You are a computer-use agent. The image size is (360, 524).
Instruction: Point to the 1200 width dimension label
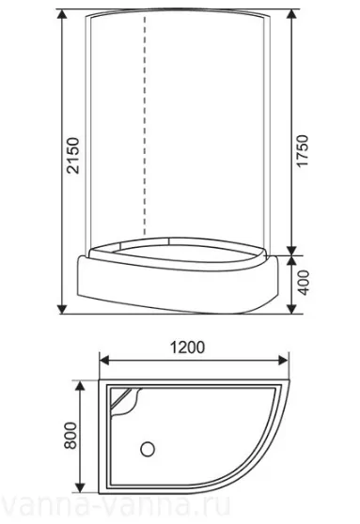click(189, 346)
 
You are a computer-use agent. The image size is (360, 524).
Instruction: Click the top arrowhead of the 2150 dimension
click(62, 16)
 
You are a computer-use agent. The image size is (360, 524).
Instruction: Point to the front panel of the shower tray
click(179, 286)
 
